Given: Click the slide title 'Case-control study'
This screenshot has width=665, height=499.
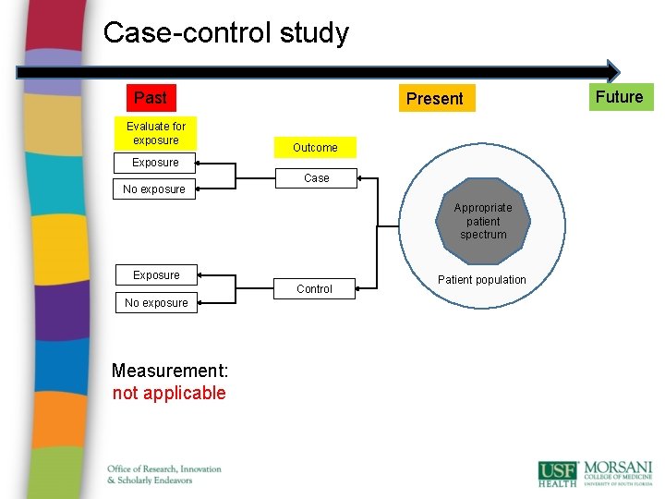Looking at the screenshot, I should coord(226,33).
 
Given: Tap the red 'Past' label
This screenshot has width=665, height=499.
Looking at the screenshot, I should coord(151,98).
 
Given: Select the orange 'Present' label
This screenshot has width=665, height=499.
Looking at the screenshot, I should coord(435,98).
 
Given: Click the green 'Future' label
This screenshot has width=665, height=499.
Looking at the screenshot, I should coord(619,97).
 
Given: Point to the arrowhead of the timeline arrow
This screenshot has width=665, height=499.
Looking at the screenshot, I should coord(613,71).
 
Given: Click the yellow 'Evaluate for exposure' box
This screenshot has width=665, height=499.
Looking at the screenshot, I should coord(156,133).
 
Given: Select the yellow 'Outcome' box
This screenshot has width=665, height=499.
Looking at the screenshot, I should coord(315,148).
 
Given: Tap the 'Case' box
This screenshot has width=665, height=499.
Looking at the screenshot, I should coord(317,178).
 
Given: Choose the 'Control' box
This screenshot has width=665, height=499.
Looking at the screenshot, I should coord(315,289).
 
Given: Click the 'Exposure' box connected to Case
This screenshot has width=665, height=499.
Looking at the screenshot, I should coord(155,163).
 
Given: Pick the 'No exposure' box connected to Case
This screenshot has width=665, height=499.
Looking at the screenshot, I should coord(154,189).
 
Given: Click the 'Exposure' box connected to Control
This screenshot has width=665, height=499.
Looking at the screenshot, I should coord(156,275).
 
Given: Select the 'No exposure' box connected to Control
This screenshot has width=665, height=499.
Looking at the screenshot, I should coord(156,303).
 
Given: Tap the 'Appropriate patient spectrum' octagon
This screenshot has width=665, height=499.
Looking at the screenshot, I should coord(483,222).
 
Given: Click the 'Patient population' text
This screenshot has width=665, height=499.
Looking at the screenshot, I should coord(482,280).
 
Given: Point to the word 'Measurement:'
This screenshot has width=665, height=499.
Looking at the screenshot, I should coord(168,371).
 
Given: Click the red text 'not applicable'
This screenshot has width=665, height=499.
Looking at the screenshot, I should coord(169,394).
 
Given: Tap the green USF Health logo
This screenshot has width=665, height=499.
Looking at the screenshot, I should coord(558,473).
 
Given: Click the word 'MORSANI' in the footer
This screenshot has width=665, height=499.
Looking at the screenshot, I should coord(617,468).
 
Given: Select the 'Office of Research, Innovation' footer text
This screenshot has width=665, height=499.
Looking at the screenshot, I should coord(164,469).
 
